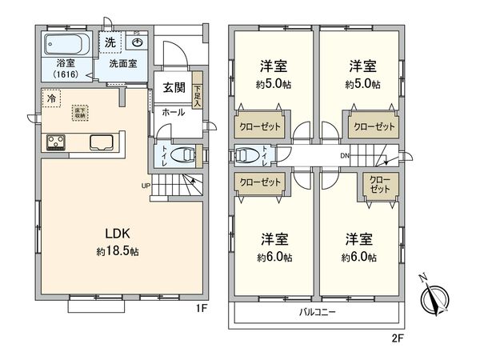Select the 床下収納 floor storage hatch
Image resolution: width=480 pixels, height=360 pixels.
[x=81, y=113]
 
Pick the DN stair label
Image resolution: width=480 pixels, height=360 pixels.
[x=344, y=155]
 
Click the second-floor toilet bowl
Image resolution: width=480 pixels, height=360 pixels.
[x=246, y=154]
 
